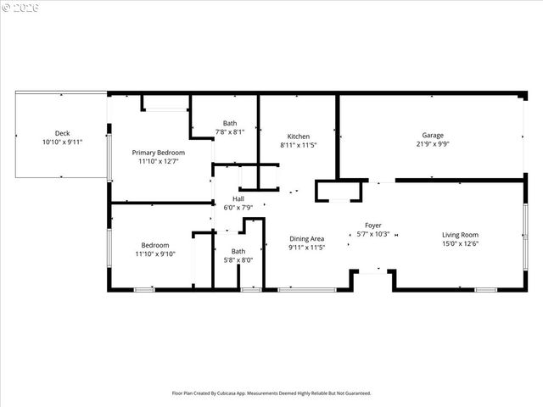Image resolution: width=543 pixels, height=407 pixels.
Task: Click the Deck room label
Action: pos(62,133)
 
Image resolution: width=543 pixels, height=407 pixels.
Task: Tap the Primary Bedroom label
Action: pos(159,153)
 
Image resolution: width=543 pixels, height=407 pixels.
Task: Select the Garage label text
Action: pos(434,136)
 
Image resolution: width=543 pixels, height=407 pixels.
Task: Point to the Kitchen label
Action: pos(299,137)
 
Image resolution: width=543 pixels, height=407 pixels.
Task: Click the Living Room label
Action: pos(460,235)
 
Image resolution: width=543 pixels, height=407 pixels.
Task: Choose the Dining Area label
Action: pos(306,239)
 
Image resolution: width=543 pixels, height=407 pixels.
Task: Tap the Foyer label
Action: pos(373,225)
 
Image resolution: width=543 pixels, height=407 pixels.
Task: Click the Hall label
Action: pos(238,199)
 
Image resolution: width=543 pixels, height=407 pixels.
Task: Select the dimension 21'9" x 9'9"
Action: pos(434,144)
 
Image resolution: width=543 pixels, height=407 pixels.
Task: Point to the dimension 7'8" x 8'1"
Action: pos(230,131)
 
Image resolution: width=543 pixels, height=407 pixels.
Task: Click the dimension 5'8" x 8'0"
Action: pos(238,260)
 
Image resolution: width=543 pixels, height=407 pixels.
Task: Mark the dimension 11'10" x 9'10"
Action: pos(154,254)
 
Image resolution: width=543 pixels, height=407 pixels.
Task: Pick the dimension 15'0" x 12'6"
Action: pos(460,244)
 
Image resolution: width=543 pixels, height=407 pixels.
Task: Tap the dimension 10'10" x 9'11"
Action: pos(62,142)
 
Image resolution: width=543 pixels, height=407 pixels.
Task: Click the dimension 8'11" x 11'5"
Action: pos(299,145)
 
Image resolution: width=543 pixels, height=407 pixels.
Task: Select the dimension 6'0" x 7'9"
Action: pos(238,208)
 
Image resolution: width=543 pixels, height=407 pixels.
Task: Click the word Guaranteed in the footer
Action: pos(355,393)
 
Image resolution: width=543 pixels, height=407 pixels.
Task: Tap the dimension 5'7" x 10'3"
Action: pos(373,234)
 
